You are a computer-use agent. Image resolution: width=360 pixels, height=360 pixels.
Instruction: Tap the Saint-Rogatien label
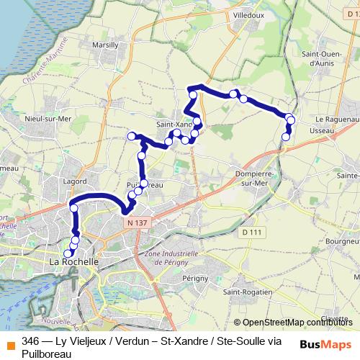248,292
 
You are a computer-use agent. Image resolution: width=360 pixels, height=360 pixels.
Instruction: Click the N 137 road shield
134,224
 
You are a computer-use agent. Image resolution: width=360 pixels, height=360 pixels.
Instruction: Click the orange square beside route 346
10,341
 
